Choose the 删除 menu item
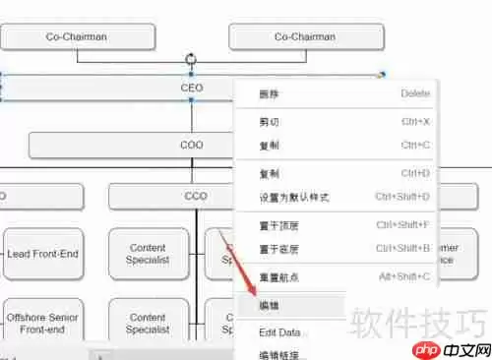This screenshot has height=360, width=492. [x=269, y=93]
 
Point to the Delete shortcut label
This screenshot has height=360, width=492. [x=414, y=93]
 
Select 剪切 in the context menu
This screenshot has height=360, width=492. [x=269, y=122]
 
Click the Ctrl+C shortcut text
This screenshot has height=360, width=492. [x=414, y=145]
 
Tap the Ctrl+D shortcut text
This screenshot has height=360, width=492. [x=414, y=174]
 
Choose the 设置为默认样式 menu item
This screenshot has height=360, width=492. [x=293, y=197]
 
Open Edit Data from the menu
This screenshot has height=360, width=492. [x=279, y=332]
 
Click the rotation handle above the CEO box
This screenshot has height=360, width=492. [x=190, y=60]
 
